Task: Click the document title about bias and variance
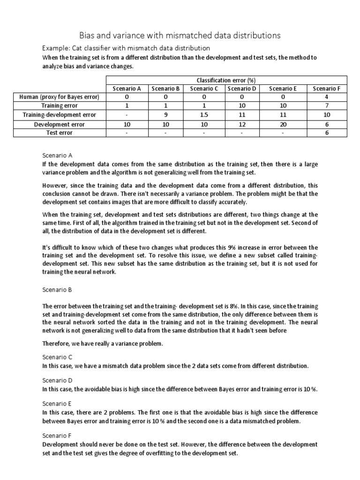coord(180,35)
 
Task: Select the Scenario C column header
coord(204,88)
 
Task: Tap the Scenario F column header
coord(327,88)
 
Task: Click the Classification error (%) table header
coord(226,80)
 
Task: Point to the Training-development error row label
coord(60,115)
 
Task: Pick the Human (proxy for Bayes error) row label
coord(60,97)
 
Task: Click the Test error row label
coord(60,133)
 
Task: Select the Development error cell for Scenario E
coord(283,124)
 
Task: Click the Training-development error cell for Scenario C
coord(204,115)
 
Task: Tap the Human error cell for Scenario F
coord(327,97)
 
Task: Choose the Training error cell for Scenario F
coord(327,106)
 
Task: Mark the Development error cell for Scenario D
coord(241,124)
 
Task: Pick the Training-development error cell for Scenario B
coord(165,115)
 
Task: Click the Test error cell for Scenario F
coord(327,133)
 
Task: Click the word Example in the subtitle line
coord(54,48)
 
